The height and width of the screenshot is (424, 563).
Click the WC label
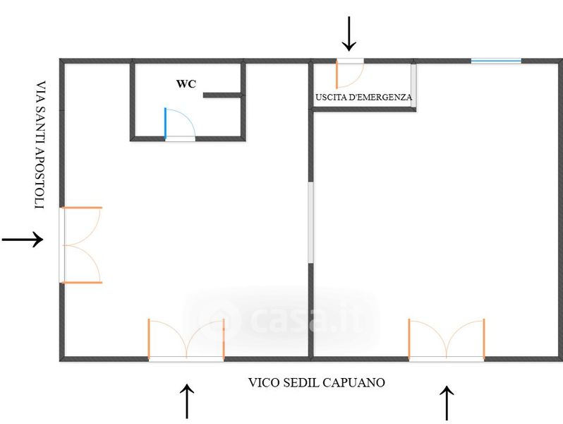pyautogui.click(x=186, y=84)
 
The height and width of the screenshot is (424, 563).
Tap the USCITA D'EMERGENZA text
pyautogui.click(x=363, y=97)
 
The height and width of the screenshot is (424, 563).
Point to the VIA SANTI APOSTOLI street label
pyautogui.click(x=41, y=145)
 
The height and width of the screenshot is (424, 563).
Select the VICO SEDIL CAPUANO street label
pyautogui.click(x=316, y=382)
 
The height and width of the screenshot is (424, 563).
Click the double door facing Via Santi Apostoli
pyautogui.click(x=81, y=245)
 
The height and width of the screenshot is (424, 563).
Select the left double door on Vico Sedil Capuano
pyautogui.click(x=186, y=339)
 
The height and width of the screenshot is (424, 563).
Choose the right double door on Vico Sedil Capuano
pyautogui.click(x=447, y=339)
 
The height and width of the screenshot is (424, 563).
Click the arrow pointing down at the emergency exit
pyautogui.click(x=349, y=33)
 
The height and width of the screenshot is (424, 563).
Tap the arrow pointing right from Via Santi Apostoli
pyautogui.click(x=23, y=239)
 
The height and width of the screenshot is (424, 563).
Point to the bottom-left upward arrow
pyautogui.click(x=187, y=401)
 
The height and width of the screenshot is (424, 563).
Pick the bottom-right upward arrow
pyautogui.click(x=447, y=403)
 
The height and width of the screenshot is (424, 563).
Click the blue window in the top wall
pyautogui.click(x=496, y=61)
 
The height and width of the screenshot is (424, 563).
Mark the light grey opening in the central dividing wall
pyautogui.click(x=310, y=223)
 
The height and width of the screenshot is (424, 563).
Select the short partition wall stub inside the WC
pyautogui.click(x=223, y=95)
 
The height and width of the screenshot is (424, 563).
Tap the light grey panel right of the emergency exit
pyautogui.click(x=413, y=86)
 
